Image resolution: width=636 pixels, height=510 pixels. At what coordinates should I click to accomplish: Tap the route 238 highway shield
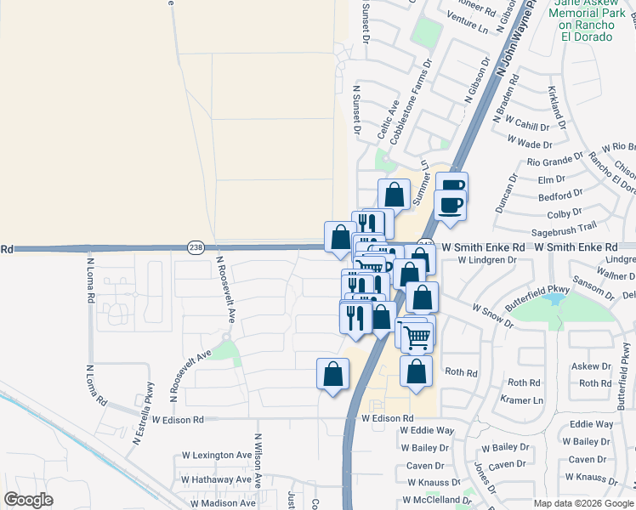196,246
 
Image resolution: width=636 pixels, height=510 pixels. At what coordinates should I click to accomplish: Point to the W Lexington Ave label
216,456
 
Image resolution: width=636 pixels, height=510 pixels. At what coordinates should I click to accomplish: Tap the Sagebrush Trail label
562,228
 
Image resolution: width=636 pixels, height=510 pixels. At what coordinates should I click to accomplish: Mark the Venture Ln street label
469,25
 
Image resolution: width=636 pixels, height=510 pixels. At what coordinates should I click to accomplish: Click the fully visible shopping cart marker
417,337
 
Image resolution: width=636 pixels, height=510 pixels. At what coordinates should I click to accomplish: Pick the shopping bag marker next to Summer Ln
394,195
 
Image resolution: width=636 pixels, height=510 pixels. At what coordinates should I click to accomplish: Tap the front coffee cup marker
450,204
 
